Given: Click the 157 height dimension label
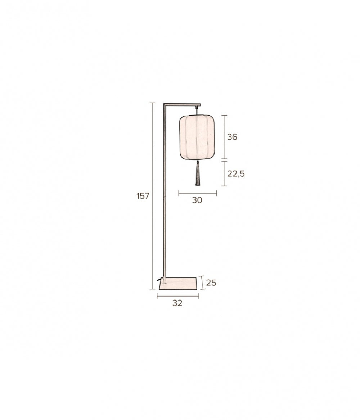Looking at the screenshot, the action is (143, 196).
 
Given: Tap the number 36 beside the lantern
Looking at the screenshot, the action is (232, 137).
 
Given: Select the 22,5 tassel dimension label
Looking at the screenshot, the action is (236, 174).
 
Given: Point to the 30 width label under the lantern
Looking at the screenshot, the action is (197, 200).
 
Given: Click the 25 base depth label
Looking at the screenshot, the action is (211, 283).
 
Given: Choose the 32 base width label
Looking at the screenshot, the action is (177, 303).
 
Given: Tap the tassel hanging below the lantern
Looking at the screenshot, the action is (198, 173).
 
